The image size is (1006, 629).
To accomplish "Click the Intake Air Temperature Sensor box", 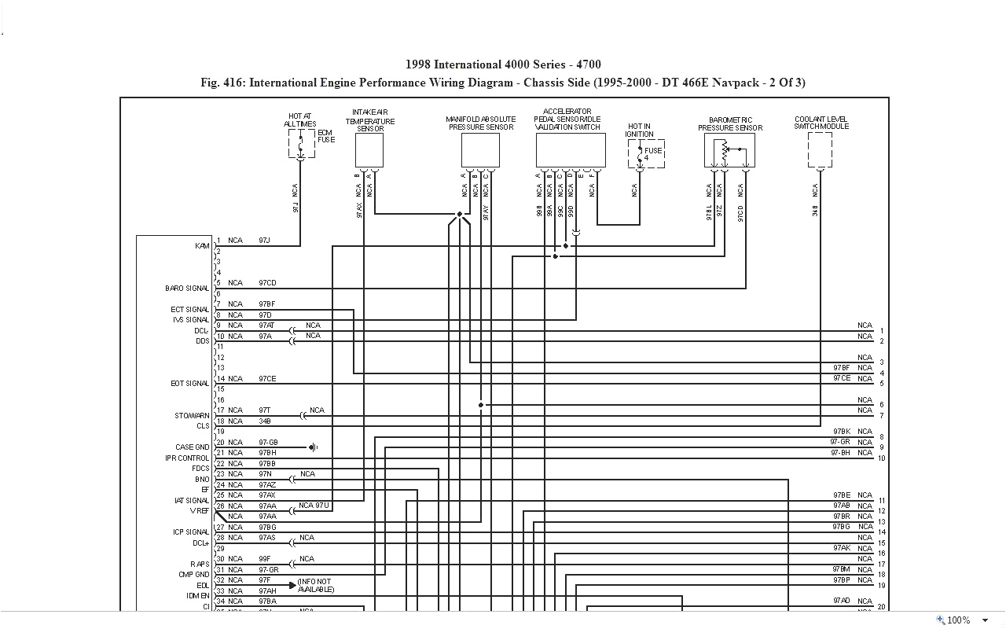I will pyautogui.click(x=369, y=150).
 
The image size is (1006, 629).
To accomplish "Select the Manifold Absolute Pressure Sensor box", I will pyautogui.click(x=480, y=150).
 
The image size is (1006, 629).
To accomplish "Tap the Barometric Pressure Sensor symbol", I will pyautogui.click(x=729, y=150).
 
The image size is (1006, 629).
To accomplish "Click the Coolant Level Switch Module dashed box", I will pyautogui.click(x=820, y=150).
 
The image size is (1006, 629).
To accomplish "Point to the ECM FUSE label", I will pyautogui.click(x=325, y=136).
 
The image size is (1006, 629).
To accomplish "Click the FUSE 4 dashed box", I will pyautogui.click(x=646, y=154).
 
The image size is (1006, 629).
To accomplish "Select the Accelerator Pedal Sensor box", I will pyautogui.click(x=571, y=150).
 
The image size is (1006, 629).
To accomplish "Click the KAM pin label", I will pyautogui.click(x=202, y=246).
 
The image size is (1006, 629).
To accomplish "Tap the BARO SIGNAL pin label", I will pyautogui.click(x=187, y=289).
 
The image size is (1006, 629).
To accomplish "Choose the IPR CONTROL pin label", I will pyautogui.click(x=187, y=458).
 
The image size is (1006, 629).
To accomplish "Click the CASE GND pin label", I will pyautogui.click(x=193, y=447).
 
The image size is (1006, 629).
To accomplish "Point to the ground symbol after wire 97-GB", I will pyautogui.click(x=313, y=447).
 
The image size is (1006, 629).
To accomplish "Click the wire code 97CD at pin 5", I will pyautogui.click(x=267, y=283).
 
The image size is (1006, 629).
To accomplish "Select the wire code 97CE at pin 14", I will pyautogui.click(x=267, y=379).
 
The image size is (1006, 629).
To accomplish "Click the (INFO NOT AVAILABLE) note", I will pyautogui.click(x=315, y=586).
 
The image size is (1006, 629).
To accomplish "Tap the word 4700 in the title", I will pyautogui.click(x=589, y=64).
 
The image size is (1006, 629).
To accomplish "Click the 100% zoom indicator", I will pyautogui.click(x=958, y=620).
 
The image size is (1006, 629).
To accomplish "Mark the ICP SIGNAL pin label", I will pyautogui.click(x=191, y=532).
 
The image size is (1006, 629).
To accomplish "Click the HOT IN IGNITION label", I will pyautogui.click(x=639, y=131).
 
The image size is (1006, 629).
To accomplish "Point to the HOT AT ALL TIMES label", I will pyautogui.click(x=299, y=120).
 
